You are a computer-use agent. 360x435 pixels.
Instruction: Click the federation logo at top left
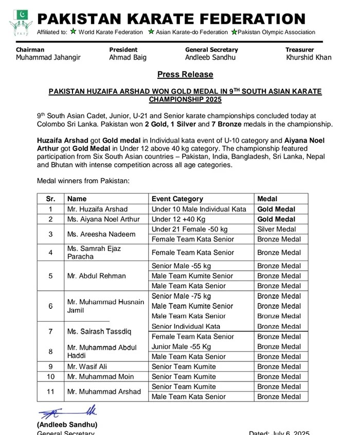21,22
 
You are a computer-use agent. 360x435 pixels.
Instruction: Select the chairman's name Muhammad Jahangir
48,58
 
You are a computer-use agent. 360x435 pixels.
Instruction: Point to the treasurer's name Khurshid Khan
309,58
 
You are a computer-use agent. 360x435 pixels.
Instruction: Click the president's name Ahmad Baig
128,58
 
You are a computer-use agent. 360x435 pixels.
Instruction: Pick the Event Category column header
177,199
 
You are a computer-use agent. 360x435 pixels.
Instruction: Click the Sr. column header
50,199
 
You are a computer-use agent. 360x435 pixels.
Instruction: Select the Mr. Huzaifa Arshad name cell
97,210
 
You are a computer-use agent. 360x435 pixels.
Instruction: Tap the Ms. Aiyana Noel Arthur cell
103,219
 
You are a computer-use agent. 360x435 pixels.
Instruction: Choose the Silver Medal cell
277,229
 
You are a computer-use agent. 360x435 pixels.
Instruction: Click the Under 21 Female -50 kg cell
190,229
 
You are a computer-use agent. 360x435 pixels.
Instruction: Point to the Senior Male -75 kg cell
182,296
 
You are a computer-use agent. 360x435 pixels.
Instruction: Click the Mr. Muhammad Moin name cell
98,377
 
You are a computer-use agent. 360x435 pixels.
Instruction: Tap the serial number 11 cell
50,391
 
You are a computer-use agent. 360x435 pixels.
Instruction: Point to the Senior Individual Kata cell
186,326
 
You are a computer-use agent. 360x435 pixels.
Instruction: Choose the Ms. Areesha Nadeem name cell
101,234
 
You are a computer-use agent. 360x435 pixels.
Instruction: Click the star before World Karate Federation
74,31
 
